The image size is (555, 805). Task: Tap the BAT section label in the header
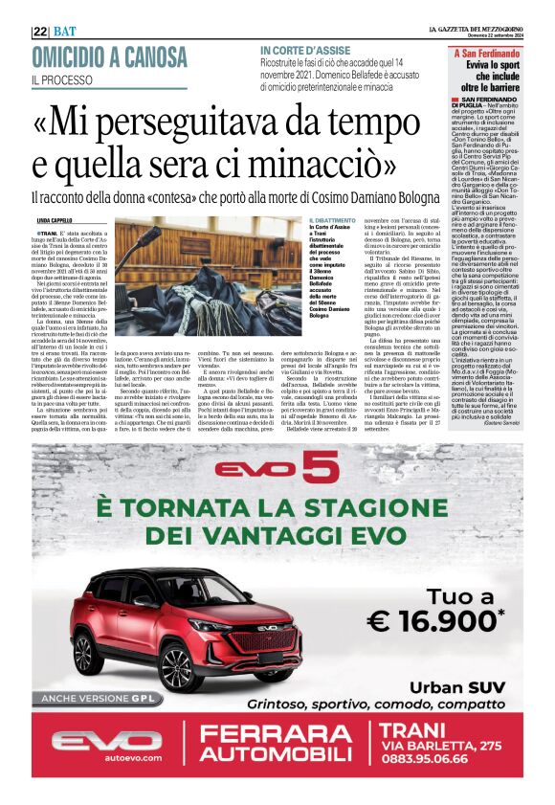click(x=64, y=31)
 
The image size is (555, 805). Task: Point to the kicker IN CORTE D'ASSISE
click(x=298, y=49)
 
